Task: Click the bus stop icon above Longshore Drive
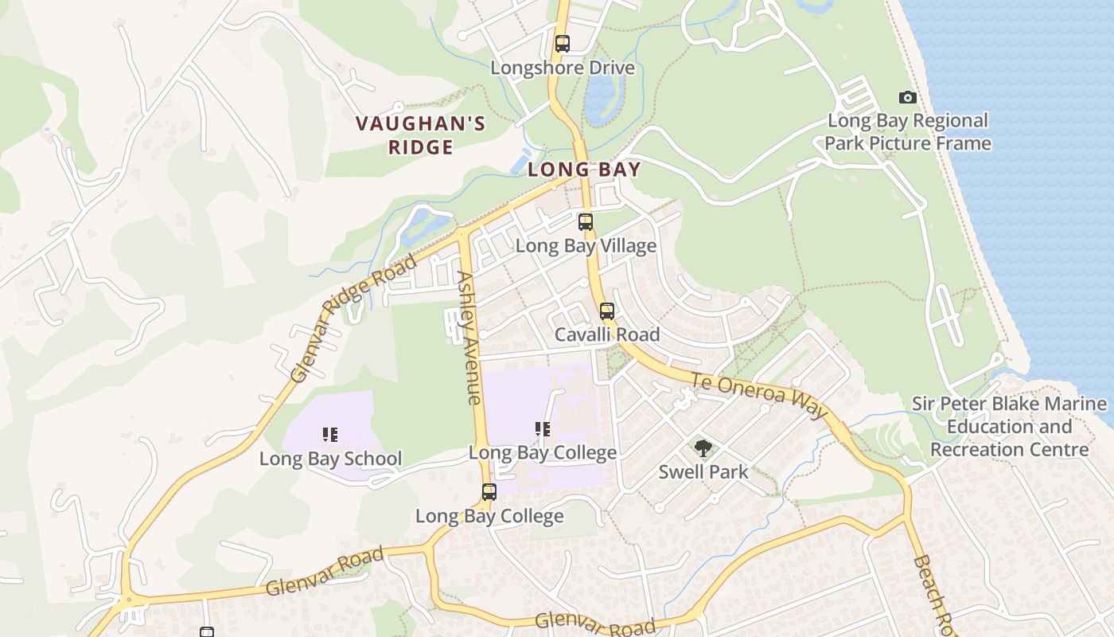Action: point(563,44)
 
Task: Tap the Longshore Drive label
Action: point(563,68)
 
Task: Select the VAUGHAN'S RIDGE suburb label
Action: point(420,135)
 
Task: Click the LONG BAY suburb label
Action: point(584,170)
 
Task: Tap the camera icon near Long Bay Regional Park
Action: point(907,98)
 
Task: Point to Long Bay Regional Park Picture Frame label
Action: point(908,132)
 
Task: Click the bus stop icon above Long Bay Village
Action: point(586,222)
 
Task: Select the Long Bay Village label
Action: point(586,246)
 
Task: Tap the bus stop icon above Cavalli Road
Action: point(607,311)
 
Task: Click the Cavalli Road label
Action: point(607,334)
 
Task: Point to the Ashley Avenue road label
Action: point(469,338)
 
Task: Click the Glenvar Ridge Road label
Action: point(354,318)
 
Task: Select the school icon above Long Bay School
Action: point(330,435)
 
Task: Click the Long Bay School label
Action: point(330,459)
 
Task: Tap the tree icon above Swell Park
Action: point(703,448)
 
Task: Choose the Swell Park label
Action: point(703,472)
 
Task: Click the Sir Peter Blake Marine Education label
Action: point(1009,427)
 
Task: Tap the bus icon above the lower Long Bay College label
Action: point(489,492)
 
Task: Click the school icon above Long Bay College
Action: point(543,430)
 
